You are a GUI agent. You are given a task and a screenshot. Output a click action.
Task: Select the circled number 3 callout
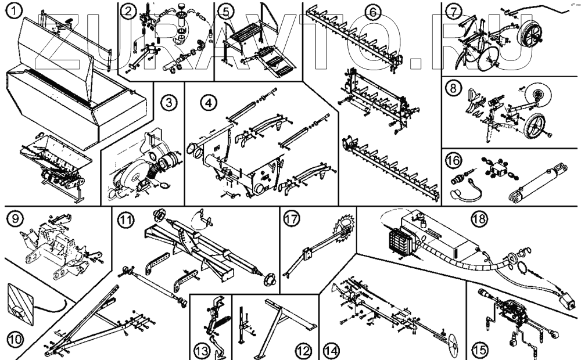coord(168,103)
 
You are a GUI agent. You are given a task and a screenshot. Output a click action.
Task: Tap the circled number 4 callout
coord(207,103)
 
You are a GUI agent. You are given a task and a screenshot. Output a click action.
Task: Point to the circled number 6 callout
coord(374,12)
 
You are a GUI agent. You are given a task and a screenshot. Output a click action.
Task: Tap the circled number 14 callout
coord(331,350)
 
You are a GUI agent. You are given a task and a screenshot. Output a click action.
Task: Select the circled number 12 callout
coord(303,350)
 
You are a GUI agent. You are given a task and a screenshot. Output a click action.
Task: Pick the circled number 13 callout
coord(202,350)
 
